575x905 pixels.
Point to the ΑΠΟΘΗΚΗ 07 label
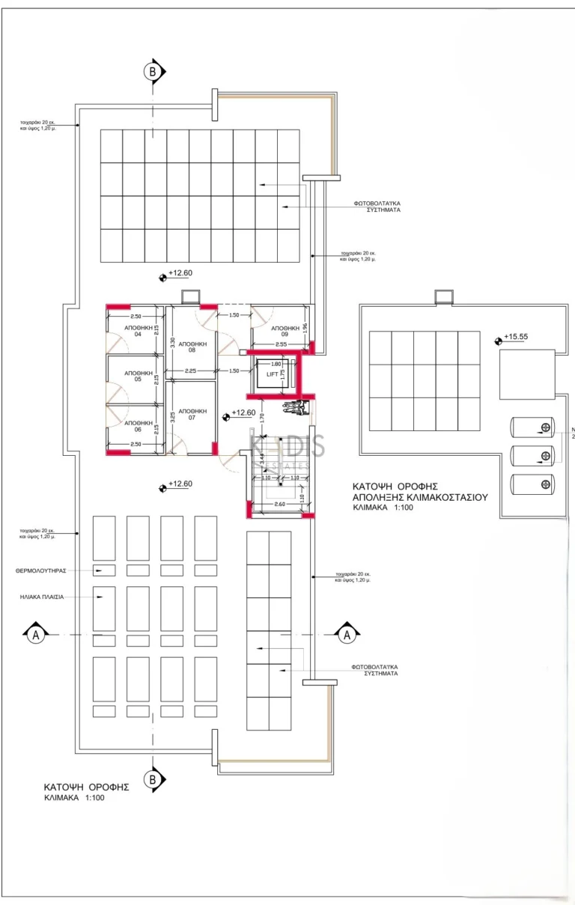pyautogui.click(x=192, y=414)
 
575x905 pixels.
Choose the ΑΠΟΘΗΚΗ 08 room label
pyautogui.click(x=192, y=347)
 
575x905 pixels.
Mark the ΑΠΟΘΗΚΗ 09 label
pyautogui.click(x=285, y=332)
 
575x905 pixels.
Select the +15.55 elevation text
pyautogui.click(x=515, y=337)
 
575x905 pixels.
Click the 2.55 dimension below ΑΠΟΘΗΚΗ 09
pyautogui.click(x=281, y=344)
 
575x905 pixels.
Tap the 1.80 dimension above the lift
pyautogui.click(x=276, y=364)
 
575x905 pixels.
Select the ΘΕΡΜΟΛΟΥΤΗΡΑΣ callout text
pyautogui.click(x=41, y=570)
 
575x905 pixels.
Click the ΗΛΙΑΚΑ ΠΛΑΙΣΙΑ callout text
pyautogui.click(x=42, y=597)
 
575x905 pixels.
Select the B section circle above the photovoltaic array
pyautogui.click(x=153, y=72)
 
